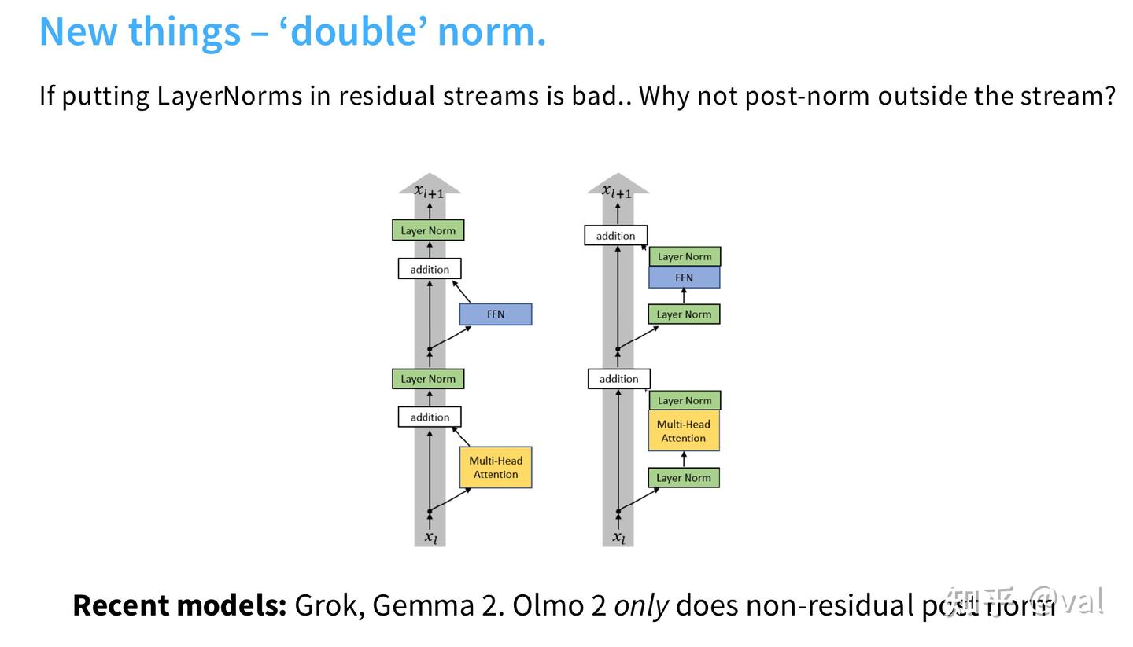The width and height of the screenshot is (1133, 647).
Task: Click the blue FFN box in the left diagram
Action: [x=496, y=314]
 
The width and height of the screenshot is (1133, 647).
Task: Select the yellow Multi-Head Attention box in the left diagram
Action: [x=496, y=468]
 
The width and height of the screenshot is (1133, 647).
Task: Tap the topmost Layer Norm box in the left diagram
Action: [x=428, y=230]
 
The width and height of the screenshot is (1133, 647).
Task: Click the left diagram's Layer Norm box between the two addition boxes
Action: [x=428, y=379]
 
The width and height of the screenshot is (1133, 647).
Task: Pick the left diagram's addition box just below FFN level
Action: [x=430, y=269]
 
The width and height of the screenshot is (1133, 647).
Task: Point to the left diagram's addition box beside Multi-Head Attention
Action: [x=430, y=417]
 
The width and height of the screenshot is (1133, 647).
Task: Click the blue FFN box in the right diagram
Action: [x=684, y=278]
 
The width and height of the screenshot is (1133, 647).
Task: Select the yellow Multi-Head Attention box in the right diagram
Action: [x=684, y=431]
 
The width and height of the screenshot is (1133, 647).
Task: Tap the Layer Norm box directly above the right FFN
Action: [x=685, y=256]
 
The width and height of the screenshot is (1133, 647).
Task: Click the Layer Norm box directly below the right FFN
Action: [x=684, y=314]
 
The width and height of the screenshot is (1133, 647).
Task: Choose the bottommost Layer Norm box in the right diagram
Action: [x=684, y=478]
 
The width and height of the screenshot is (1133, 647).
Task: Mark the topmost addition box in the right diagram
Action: [x=615, y=236]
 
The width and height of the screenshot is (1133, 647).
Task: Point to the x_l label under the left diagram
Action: [x=430, y=538]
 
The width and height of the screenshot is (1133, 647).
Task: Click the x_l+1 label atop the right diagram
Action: [x=618, y=191]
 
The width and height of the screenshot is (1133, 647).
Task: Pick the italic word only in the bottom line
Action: [x=641, y=605]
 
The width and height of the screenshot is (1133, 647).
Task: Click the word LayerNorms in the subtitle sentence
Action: [x=229, y=96]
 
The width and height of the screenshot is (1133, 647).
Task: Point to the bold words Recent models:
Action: [x=179, y=605]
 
